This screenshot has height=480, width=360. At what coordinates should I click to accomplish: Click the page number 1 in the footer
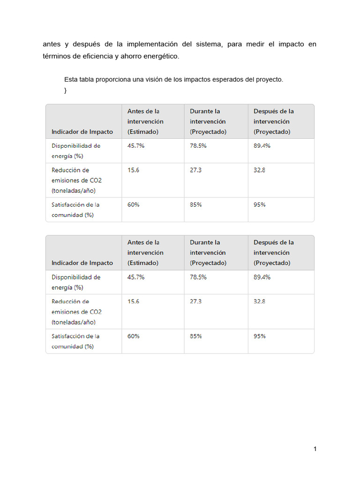coord(315,449)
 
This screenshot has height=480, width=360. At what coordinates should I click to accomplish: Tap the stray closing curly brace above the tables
coord(66,90)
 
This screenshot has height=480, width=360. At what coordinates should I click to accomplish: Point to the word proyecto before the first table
coord(269,80)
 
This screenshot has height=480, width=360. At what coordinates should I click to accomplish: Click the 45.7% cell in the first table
coord(136,146)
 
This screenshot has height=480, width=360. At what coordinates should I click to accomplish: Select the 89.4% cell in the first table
coord(262,146)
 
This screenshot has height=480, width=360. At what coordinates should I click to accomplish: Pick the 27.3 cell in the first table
coord(195,170)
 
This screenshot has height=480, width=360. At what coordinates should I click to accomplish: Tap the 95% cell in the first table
coord(260,205)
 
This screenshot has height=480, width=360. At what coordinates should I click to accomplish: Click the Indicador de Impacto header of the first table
coord(82,132)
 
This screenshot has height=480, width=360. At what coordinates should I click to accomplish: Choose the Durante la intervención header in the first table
coord(208,121)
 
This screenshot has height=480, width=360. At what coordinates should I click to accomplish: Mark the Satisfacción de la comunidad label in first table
coord(75,210)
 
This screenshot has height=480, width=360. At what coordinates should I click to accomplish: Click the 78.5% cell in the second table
coord(198,277)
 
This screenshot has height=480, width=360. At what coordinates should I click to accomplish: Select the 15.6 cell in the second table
coord(133,301)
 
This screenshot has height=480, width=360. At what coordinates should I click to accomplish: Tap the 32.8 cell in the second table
coord(259,301)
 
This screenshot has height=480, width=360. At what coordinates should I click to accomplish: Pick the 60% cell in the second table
coord(134,336)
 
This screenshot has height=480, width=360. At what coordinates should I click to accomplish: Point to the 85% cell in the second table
coord(196,336)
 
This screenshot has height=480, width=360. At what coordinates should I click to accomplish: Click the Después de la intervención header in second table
coord(274,253)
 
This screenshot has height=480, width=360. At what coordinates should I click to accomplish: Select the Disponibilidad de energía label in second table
coord(76,282)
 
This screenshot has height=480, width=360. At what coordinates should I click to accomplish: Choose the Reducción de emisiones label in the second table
coord(76,312)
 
